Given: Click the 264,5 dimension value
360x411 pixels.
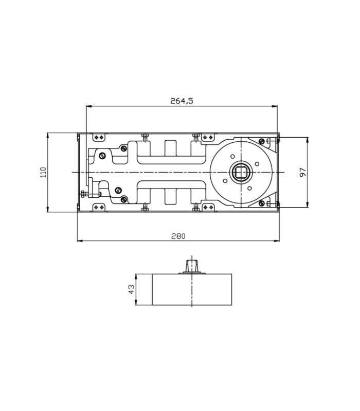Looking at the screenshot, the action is [x=182, y=101].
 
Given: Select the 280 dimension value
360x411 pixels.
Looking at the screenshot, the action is [x=178, y=236].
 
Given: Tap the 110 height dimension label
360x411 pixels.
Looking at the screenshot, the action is [x=43, y=172].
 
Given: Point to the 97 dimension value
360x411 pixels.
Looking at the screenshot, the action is [x=303, y=172].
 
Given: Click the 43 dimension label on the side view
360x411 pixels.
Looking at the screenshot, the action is [x=131, y=289].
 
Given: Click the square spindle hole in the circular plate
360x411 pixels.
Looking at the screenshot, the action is [x=241, y=172].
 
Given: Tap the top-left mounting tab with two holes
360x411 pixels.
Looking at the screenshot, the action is [x=99, y=137].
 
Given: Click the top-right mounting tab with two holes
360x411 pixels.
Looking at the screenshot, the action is [x=208, y=137].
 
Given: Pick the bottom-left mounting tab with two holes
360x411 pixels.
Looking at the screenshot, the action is [x=99, y=208].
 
